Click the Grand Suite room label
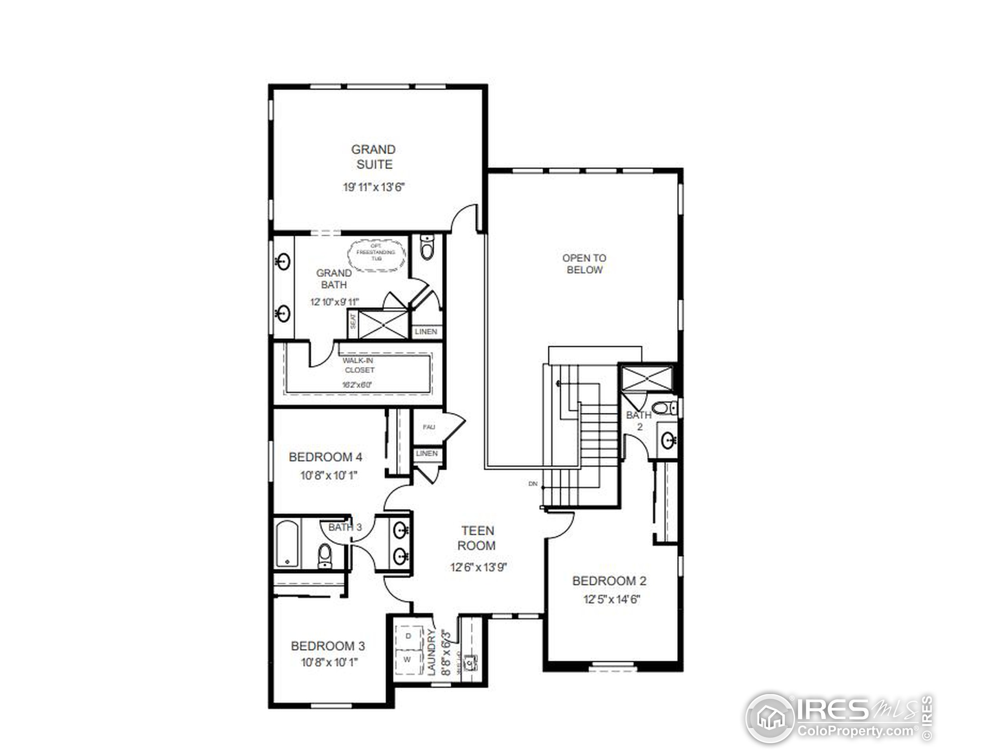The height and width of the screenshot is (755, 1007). coord(373,157)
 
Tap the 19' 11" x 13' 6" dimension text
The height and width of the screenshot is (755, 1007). coord(373,187)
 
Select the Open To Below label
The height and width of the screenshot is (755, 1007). coord(584,264)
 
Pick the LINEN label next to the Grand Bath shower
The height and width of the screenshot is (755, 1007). coord(426,332)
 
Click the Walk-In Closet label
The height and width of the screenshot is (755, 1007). coord(359,365)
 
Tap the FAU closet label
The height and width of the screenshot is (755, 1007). coord(428,427)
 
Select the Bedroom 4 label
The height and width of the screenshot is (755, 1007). coord(325,457)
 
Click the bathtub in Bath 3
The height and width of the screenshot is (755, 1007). coord(287,544)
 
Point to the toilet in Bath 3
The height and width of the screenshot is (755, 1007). coord(325,556)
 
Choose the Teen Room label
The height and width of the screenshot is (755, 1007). coord(477,538)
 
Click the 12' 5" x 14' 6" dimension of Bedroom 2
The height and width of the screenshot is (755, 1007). coord(612,599)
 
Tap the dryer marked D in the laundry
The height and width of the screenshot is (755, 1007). coord(408,636)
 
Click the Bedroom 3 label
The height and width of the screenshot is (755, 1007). coord(328,646)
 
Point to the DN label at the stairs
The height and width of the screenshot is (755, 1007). coord(533,484)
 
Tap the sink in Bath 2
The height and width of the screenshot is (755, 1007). coord(668,440)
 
